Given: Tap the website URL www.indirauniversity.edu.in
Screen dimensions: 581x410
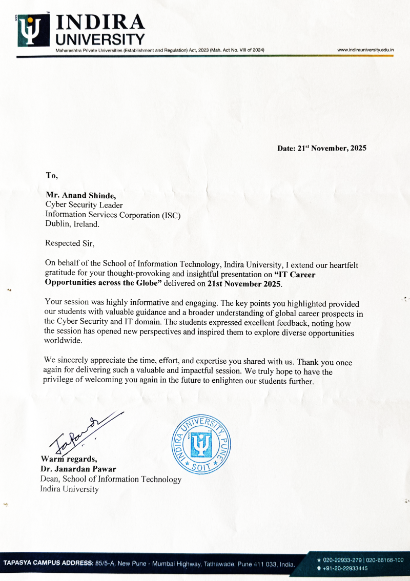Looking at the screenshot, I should [x=365, y=50].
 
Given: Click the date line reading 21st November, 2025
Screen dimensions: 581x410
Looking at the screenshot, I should [x=322, y=149].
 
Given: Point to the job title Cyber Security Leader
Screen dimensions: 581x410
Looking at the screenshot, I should [x=84, y=205].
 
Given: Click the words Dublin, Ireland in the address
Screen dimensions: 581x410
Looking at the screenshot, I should [x=72, y=224].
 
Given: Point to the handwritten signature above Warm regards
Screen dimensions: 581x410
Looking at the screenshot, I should [x=82, y=430].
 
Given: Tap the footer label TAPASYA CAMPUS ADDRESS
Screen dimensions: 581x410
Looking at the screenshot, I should [x=48, y=564].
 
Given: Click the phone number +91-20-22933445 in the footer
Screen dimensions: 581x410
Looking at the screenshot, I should [x=345, y=569].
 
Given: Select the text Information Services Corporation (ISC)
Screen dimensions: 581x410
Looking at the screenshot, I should [x=113, y=215].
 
